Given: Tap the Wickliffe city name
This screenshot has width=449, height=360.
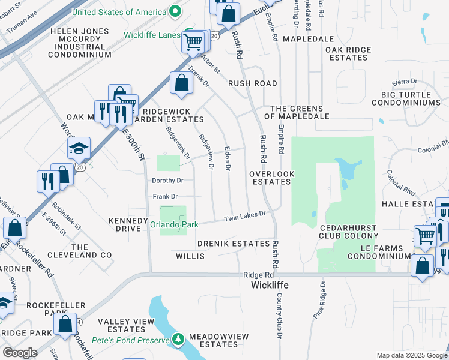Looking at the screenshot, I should click(270, 285).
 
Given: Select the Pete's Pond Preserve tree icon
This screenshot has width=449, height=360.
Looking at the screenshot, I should click(178, 340).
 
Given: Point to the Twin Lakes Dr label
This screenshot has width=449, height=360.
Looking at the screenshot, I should click(245, 217).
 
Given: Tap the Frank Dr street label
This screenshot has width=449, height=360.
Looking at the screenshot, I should click(165, 196).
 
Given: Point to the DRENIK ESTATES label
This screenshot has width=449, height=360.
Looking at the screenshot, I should click(234, 244).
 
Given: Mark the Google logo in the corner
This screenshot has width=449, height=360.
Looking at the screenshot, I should click(19, 353).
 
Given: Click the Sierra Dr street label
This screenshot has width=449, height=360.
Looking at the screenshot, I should click(404, 81).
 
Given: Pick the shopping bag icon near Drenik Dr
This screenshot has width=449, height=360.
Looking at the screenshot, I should click(181, 85).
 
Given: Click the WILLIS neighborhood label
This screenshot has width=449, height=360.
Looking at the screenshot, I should click(190, 256).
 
